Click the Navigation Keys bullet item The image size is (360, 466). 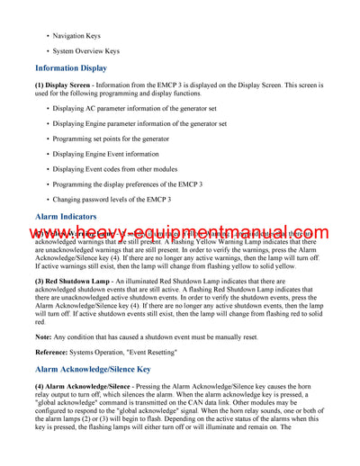point(76,36)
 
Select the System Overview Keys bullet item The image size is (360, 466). point(85,51)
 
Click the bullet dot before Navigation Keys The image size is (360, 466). point(48,36)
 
